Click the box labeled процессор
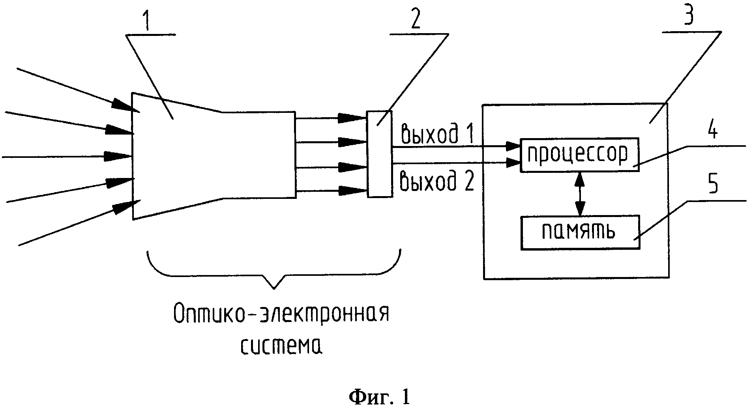tap(579, 155)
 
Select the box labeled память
tap(580, 232)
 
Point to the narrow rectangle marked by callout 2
tap(380, 154)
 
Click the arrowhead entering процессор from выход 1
tap(513, 146)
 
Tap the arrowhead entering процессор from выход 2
tap(513, 162)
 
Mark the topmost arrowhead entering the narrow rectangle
tap(352, 117)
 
